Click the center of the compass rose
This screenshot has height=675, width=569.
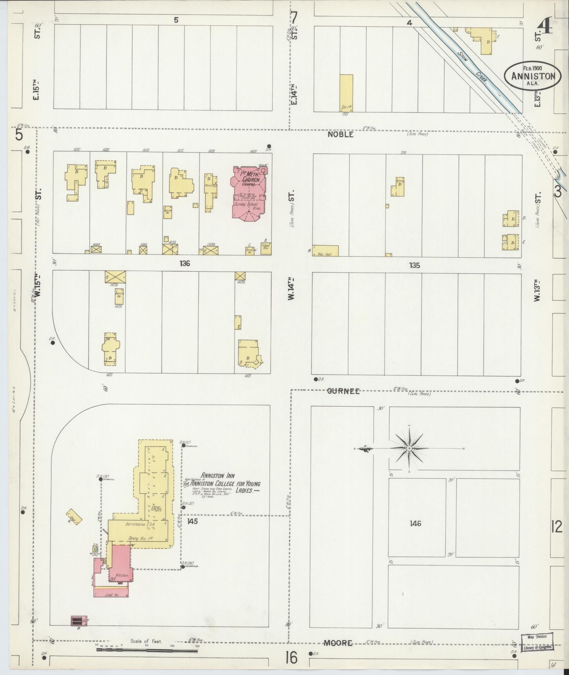tap(409, 448)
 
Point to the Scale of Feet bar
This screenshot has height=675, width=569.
tap(146, 650)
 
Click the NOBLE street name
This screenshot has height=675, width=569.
tap(340, 134)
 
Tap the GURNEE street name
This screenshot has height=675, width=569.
tap(343, 391)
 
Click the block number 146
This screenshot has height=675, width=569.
tap(416, 523)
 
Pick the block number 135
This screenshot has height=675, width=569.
tap(415, 265)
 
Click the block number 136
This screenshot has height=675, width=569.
tap(184, 263)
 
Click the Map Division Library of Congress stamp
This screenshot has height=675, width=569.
tap(537, 641)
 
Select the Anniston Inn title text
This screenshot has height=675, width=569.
tap(218, 476)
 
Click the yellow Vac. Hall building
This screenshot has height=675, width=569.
tap(325, 251)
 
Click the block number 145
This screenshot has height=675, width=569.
tap(192, 521)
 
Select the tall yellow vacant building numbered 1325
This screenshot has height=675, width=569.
tap(346, 92)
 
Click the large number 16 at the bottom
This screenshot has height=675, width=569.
tap(292, 657)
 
